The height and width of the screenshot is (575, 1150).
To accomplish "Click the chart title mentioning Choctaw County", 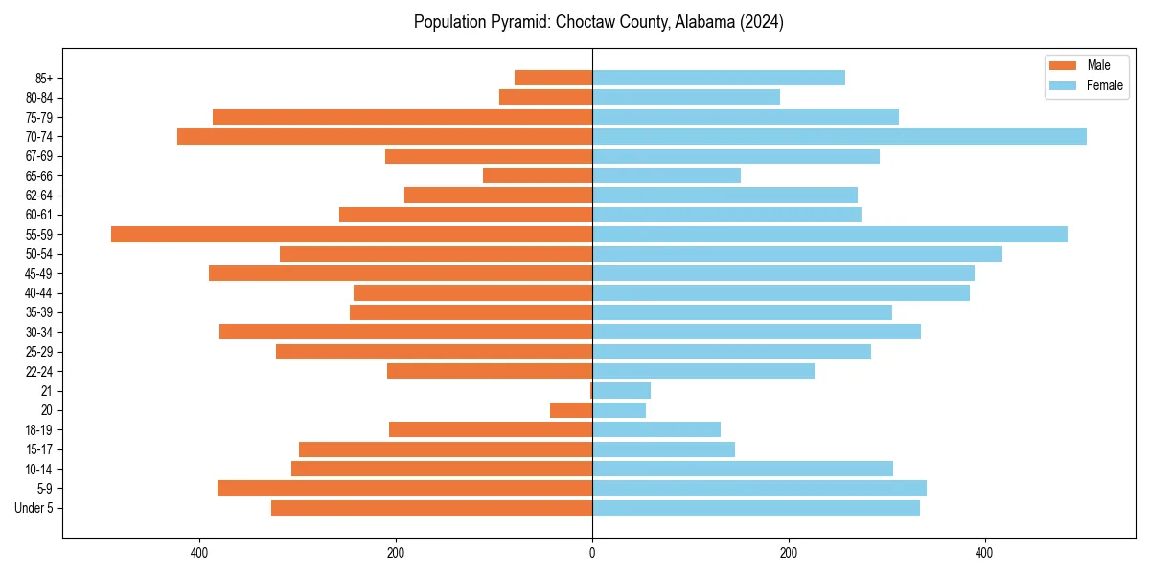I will tap(598, 22).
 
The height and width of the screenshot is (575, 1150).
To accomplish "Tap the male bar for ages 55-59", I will tap(352, 235).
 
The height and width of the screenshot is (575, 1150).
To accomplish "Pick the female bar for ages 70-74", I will tap(839, 137).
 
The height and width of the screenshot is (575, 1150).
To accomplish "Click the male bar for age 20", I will tap(571, 410).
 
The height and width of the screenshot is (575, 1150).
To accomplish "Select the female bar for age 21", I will tap(621, 391).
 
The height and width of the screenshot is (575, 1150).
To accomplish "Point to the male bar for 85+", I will tap(553, 78).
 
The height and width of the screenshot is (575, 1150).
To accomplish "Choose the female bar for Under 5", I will tap(756, 508).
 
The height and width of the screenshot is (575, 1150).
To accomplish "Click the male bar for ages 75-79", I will tap(402, 117).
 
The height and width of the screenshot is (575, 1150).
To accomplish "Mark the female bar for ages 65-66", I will tap(666, 175).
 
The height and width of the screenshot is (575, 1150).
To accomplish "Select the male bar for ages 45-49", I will tap(401, 273).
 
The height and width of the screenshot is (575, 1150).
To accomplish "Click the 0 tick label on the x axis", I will tap(592, 553).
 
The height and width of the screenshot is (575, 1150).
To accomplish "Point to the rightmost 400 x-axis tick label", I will tap(984, 553).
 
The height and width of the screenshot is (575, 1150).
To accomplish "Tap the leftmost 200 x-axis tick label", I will tap(396, 553).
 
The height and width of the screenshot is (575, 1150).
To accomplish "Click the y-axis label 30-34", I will tap(39, 333).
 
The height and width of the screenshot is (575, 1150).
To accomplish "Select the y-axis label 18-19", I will tap(39, 430).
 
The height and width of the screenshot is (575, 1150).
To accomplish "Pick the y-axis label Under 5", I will tap(34, 508).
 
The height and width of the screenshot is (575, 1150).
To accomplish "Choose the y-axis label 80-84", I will tap(39, 98).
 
